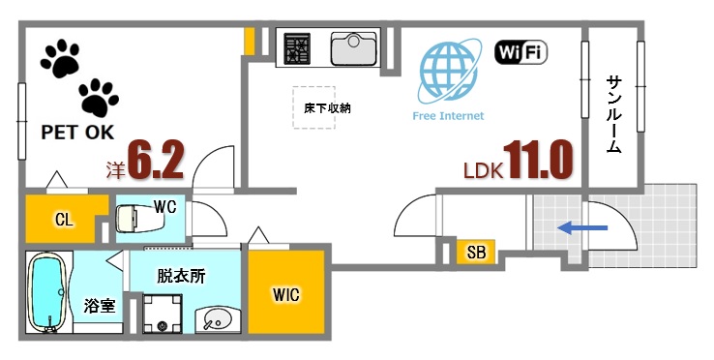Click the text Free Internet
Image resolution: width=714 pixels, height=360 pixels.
tap(448, 115)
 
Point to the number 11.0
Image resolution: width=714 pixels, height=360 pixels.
tap(536, 162)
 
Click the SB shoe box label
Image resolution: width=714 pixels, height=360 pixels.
tap(476, 254)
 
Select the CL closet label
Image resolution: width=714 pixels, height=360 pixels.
tap(63, 221)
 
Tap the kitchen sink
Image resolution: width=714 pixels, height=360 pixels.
tap(354, 46)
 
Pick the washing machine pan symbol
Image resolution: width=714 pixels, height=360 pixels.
tap(161, 313)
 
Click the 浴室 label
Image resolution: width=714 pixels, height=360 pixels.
tap(100, 306)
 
